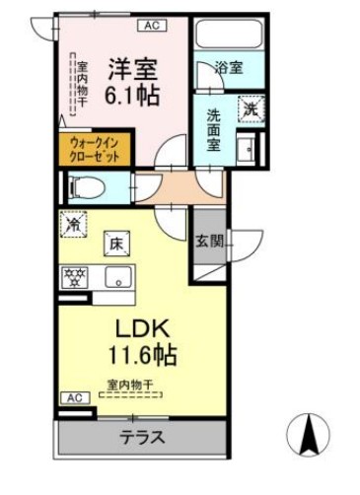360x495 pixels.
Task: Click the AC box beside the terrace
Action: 73,397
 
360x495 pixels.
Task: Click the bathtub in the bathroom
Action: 228,33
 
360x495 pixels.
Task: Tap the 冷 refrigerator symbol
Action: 74,224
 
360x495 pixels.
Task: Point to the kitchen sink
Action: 119,278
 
